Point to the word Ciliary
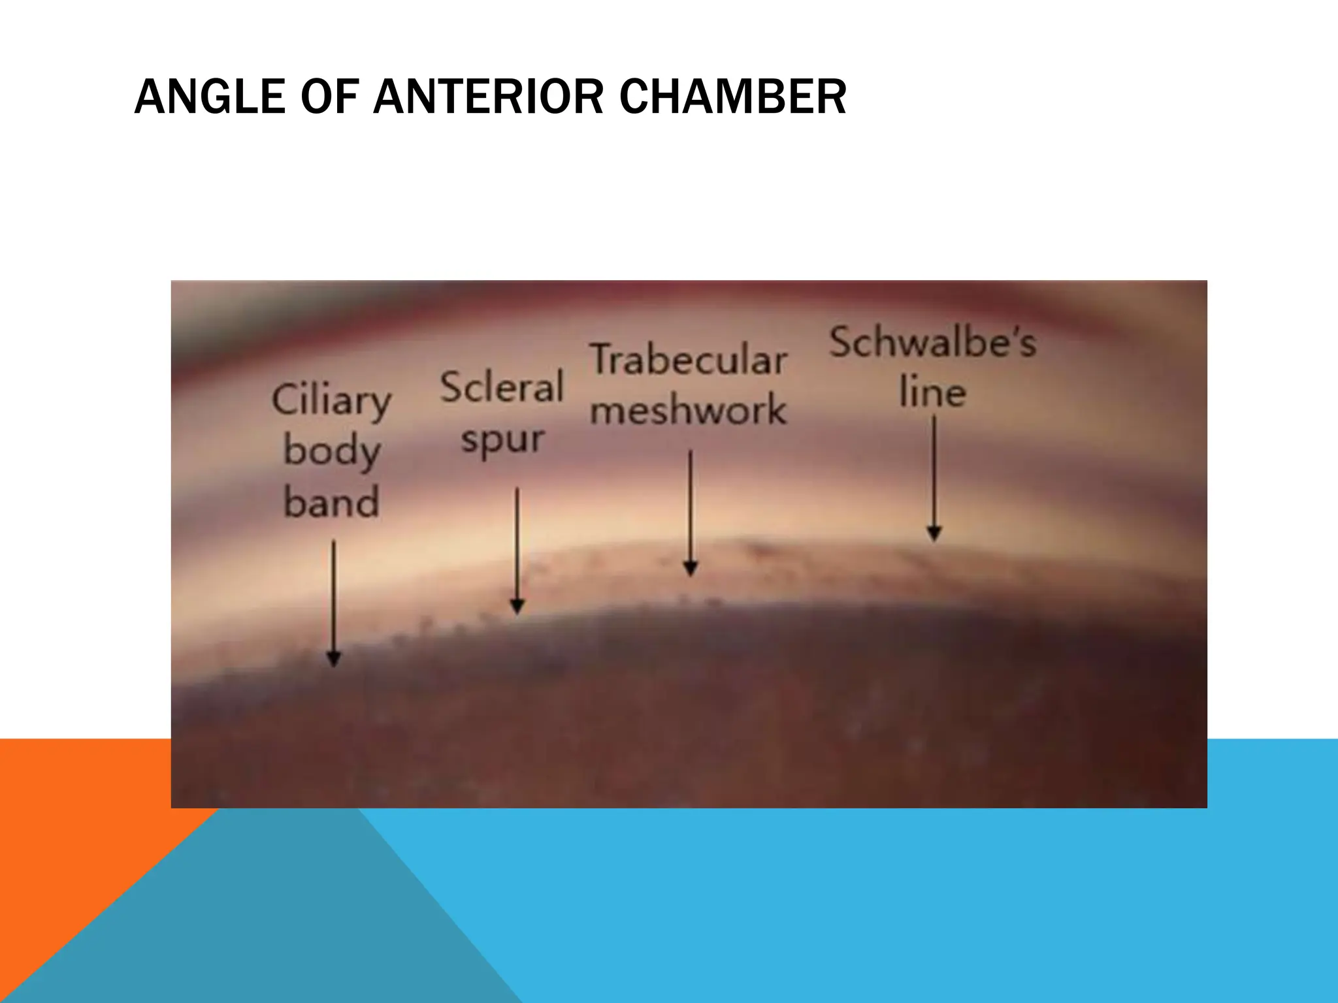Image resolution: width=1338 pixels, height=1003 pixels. [331, 400]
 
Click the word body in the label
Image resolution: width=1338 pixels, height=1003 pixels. [331, 452]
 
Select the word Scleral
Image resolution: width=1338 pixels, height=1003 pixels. [501, 387]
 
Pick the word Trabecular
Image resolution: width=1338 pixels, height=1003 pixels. [689, 360]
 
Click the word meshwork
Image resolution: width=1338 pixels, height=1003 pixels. [689, 410]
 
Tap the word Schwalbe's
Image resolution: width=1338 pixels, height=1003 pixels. [932, 343]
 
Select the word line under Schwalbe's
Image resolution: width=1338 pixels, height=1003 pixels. [932, 392]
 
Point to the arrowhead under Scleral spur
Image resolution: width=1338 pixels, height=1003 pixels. [517, 607]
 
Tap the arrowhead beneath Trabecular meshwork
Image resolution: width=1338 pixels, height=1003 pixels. [691, 567]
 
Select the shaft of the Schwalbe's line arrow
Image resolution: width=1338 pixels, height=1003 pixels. [934, 470]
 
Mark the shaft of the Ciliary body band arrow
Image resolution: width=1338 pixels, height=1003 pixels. [333, 594]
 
